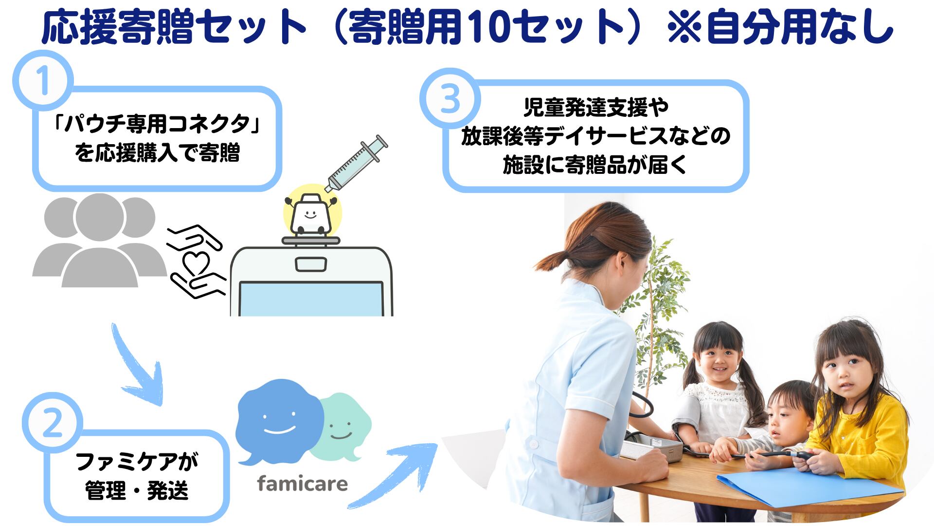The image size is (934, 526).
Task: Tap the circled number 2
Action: (53, 422)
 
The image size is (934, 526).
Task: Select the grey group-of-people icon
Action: (99, 240)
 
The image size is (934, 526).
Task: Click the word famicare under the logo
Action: (302, 484)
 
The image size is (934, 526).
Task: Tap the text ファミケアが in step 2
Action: (137, 461)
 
